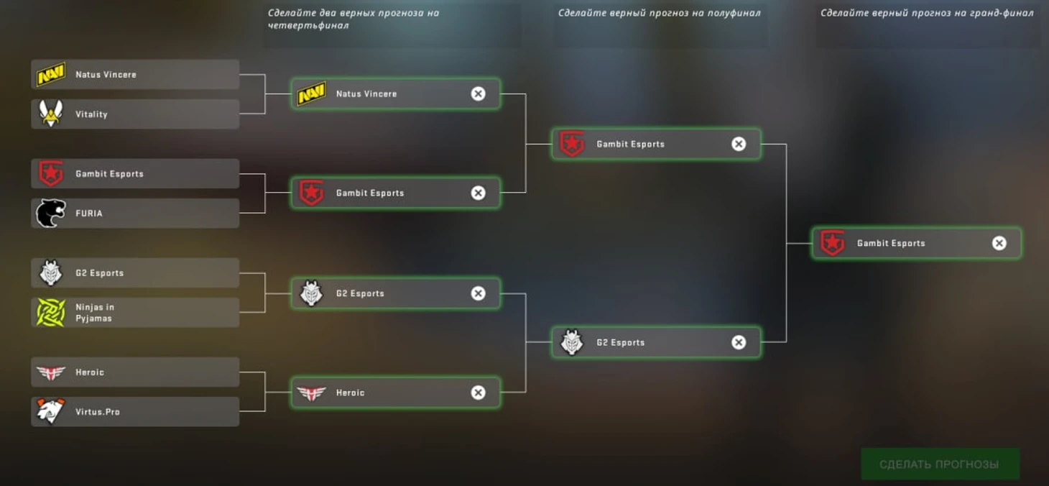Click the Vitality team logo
click(50, 114)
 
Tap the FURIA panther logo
click(50, 214)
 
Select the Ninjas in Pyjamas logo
click(50, 313)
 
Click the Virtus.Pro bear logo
click(50, 412)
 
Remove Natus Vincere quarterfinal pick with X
click(478, 94)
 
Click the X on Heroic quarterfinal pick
click(478, 393)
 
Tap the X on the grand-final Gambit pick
click(999, 243)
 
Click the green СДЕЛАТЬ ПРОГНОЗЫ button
click(939, 464)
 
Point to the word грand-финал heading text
click(999, 13)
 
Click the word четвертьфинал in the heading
click(308, 26)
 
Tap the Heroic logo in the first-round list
click(50, 372)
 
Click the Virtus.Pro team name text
click(98, 412)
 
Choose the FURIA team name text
click(89, 214)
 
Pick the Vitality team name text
click(91, 114)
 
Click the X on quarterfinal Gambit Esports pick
click(478, 193)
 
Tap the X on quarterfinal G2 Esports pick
click(478, 293)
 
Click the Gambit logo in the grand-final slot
click(832, 243)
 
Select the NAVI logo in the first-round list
click(50, 74)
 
